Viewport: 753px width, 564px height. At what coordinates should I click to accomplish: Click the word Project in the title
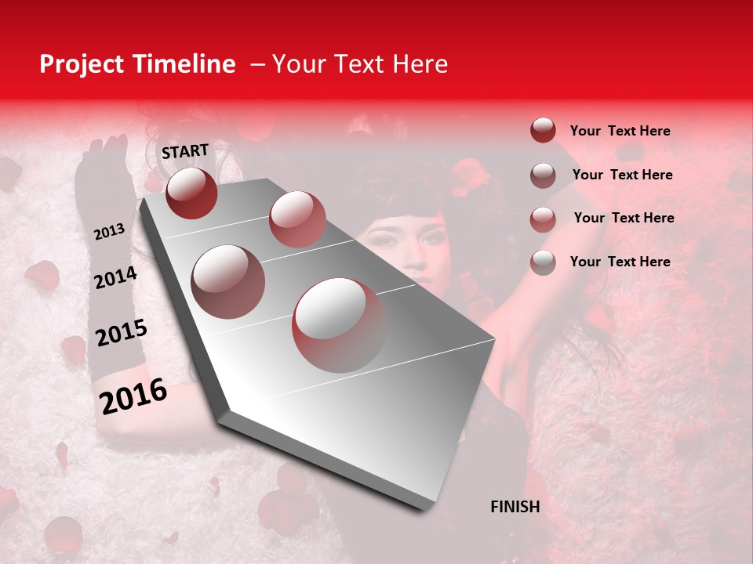click(x=82, y=64)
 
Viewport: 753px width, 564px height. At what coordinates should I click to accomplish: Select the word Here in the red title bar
click(x=420, y=64)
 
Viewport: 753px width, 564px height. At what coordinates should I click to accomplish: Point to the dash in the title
click(x=256, y=64)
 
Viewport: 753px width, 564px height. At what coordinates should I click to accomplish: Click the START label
click(x=185, y=150)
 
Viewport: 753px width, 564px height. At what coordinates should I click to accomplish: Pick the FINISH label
click(x=515, y=507)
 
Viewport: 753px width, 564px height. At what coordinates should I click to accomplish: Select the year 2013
click(x=109, y=232)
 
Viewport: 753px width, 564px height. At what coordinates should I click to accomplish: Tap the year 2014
click(x=115, y=278)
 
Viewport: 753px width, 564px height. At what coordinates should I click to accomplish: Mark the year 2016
click(x=133, y=396)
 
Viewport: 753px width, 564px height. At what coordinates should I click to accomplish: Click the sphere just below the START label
click(x=191, y=193)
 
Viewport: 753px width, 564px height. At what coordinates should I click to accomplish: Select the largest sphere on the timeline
click(x=339, y=324)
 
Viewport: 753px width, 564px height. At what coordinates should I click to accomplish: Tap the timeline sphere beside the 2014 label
click(x=228, y=281)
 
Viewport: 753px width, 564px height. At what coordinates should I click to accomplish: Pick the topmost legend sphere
click(x=543, y=131)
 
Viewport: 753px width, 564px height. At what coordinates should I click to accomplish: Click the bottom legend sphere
click(x=543, y=262)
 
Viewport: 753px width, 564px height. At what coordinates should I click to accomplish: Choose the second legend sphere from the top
click(x=543, y=175)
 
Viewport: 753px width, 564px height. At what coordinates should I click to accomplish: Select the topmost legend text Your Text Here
click(x=620, y=131)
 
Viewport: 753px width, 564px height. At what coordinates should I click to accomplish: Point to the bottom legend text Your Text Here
click(x=620, y=262)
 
